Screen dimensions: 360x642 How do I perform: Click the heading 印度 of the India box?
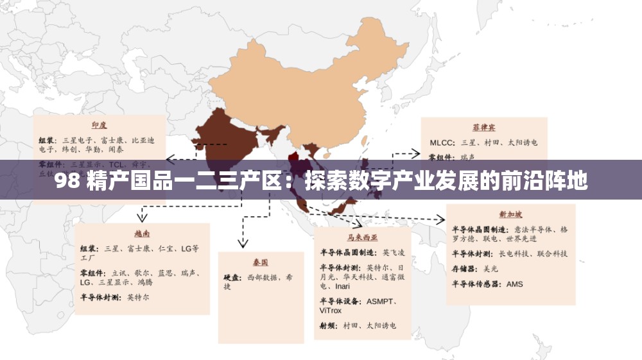(99, 125)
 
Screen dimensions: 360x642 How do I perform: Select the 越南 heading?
(143, 233)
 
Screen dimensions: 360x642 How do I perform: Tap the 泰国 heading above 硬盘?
(260, 262)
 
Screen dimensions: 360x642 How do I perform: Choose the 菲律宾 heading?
(483, 127)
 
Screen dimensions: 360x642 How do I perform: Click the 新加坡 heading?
(510, 214)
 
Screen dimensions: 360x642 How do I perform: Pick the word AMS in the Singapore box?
(515, 284)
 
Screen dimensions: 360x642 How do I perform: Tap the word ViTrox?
(331, 311)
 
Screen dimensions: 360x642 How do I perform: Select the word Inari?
(343, 286)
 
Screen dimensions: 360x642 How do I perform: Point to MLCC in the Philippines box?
(441, 142)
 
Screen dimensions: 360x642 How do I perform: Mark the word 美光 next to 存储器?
(490, 269)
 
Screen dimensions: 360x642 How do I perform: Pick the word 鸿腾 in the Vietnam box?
(145, 282)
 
